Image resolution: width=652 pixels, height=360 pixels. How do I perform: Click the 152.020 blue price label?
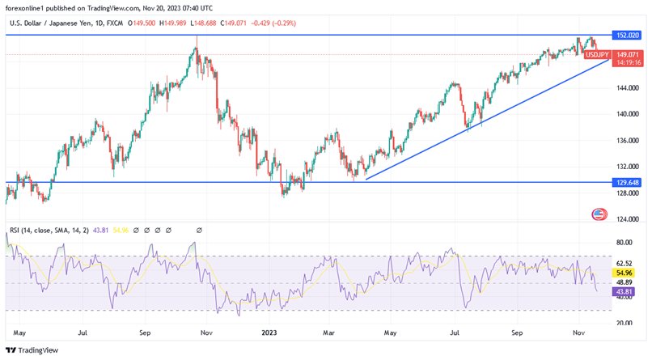(x=628, y=36)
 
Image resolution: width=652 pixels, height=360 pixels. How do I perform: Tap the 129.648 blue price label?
(x=628, y=183)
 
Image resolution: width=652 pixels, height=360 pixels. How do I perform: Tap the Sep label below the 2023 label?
(x=518, y=332)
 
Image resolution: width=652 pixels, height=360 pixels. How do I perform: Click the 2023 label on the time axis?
(x=267, y=332)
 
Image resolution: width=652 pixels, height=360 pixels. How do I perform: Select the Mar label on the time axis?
(x=329, y=332)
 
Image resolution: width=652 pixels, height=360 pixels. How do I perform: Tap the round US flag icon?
(x=599, y=214)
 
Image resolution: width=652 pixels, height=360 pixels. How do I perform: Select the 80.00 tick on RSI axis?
(x=624, y=242)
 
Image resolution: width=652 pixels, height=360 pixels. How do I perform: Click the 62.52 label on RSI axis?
(x=624, y=263)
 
